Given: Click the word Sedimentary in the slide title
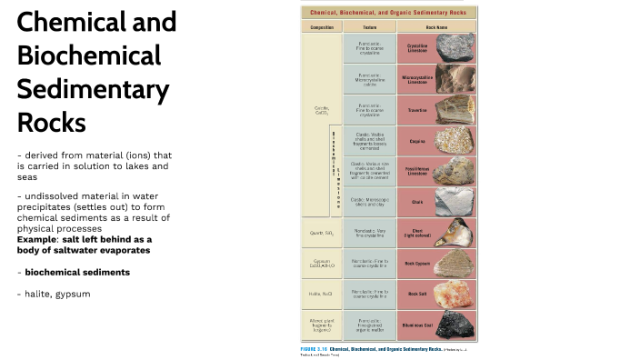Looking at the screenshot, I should pos(93,89).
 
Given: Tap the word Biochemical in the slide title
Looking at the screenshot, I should pos(88,55).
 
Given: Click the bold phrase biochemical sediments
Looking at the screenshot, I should pos(77,272).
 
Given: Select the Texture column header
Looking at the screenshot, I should pos(369,27).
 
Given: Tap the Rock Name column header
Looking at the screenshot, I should pos(417,27).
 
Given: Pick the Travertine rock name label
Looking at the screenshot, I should pos(417,109).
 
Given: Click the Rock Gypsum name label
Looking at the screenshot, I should pos(417,263).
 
